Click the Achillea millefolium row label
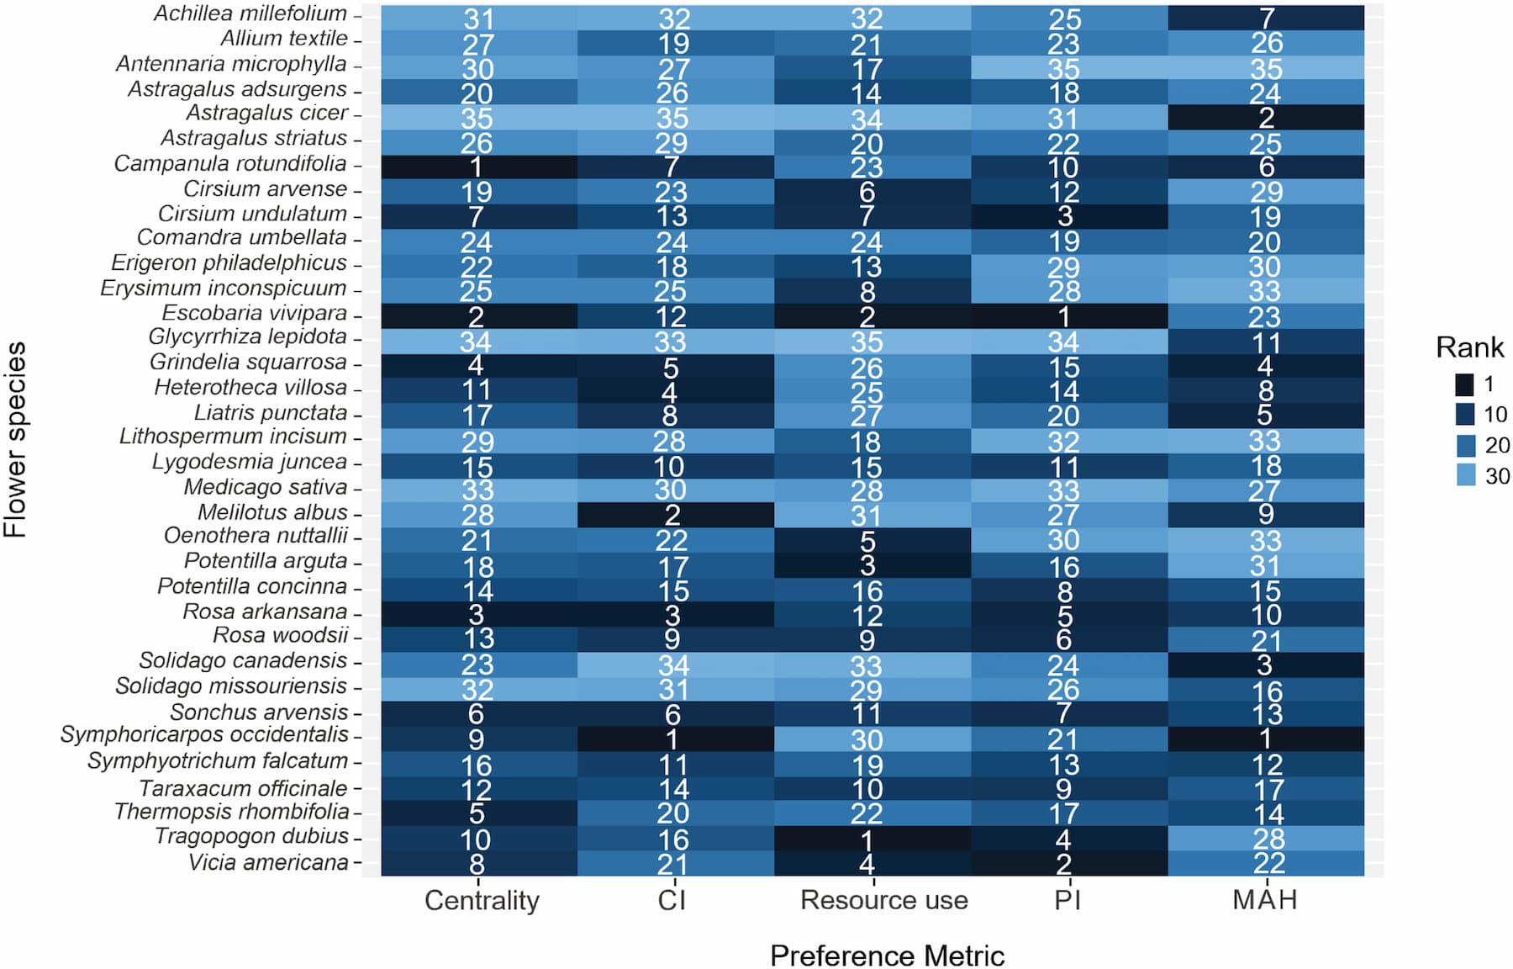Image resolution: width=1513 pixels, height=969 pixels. (250, 14)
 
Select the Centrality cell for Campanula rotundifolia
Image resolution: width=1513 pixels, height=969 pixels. (478, 167)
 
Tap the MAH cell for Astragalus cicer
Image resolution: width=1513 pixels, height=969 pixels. (1265, 118)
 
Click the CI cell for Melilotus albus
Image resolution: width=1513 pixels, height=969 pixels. (675, 514)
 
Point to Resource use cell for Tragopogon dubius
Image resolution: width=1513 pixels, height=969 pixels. (872, 838)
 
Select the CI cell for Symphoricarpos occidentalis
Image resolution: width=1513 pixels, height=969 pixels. (675, 739)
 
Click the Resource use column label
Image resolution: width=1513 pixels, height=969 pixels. (883, 900)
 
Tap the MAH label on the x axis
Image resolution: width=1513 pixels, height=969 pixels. (1264, 900)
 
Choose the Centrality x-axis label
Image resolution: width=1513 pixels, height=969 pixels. (482, 900)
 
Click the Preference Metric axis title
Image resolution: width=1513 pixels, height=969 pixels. (887, 956)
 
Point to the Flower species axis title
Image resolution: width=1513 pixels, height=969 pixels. (15, 439)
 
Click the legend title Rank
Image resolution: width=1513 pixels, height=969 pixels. (1469, 347)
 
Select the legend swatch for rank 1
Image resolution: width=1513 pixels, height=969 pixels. (1465, 384)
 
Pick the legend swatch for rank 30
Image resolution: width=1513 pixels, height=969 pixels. (1465, 476)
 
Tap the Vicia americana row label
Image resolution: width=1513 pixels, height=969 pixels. (268, 863)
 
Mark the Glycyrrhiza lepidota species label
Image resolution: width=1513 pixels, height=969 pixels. (247, 337)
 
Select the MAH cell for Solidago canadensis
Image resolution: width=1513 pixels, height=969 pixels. (1265, 665)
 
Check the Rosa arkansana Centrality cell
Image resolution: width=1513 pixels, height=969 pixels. (478, 614)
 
